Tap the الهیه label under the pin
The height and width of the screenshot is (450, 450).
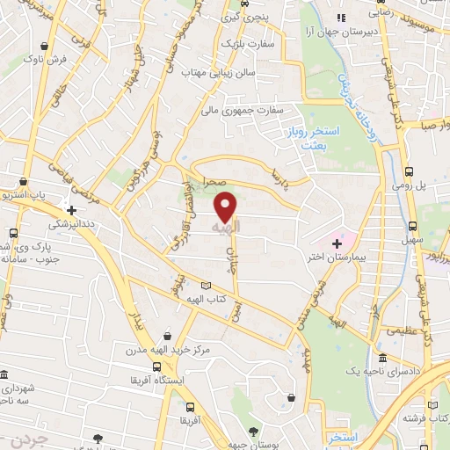[227, 227]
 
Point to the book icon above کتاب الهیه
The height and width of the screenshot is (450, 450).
[207, 286]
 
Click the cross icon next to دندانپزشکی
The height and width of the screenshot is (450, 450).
[72, 211]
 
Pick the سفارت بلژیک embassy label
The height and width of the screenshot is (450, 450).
[240, 41]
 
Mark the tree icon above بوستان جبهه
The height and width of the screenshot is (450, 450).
[254, 432]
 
